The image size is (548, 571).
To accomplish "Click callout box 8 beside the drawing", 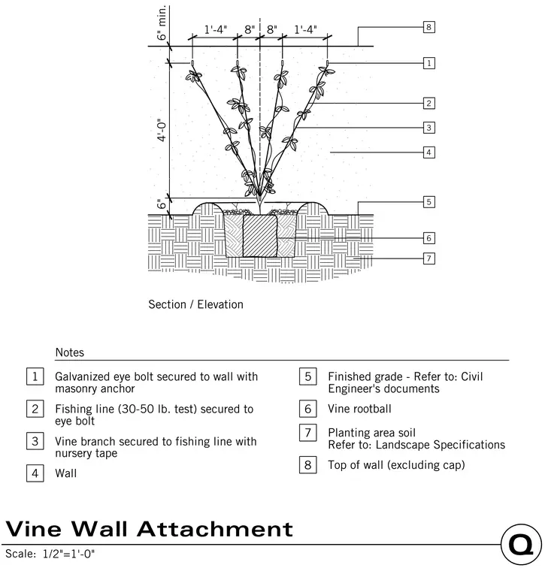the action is pyautogui.click(x=429, y=27).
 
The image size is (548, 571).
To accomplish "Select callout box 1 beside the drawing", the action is pyautogui.click(x=429, y=63).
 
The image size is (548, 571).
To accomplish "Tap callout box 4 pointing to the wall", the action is pyautogui.click(x=429, y=153).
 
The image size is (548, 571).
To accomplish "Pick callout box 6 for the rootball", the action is pyautogui.click(x=429, y=238).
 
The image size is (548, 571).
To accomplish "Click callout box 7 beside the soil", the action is pyautogui.click(x=429, y=258).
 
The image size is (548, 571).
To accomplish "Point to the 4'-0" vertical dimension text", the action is pyautogui.click(x=162, y=130).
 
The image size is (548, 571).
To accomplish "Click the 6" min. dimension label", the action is pyautogui.click(x=162, y=23).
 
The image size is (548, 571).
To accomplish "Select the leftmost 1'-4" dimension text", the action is pyautogui.click(x=215, y=29).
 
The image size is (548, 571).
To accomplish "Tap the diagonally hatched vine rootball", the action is pyautogui.click(x=260, y=236).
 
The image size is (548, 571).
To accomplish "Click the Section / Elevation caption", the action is pyautogui.click(x=195, y=304).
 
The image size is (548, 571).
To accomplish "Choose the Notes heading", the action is pyautogui.click(x=70, y=352).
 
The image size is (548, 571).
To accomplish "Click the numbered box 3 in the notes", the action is pyautogui.click(x=35, y=441).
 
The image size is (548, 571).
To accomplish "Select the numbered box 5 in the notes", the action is pyautogui.click(x=308, y=376).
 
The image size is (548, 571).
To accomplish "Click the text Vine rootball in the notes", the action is pyautogui.click(x=359, y=409).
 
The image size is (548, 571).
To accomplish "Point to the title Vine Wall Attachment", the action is pyautogui.click(x=149, y=529).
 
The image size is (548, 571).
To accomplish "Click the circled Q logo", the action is pyautogui.click(x=521, y=545).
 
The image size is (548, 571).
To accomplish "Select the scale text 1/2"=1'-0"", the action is pyautogui.click(x=69, y=554).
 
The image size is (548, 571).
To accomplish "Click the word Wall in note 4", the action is pyautogui.click(x=66, y=473).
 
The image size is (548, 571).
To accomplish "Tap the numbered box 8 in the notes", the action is pyautogui.click(x=308, y=464).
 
